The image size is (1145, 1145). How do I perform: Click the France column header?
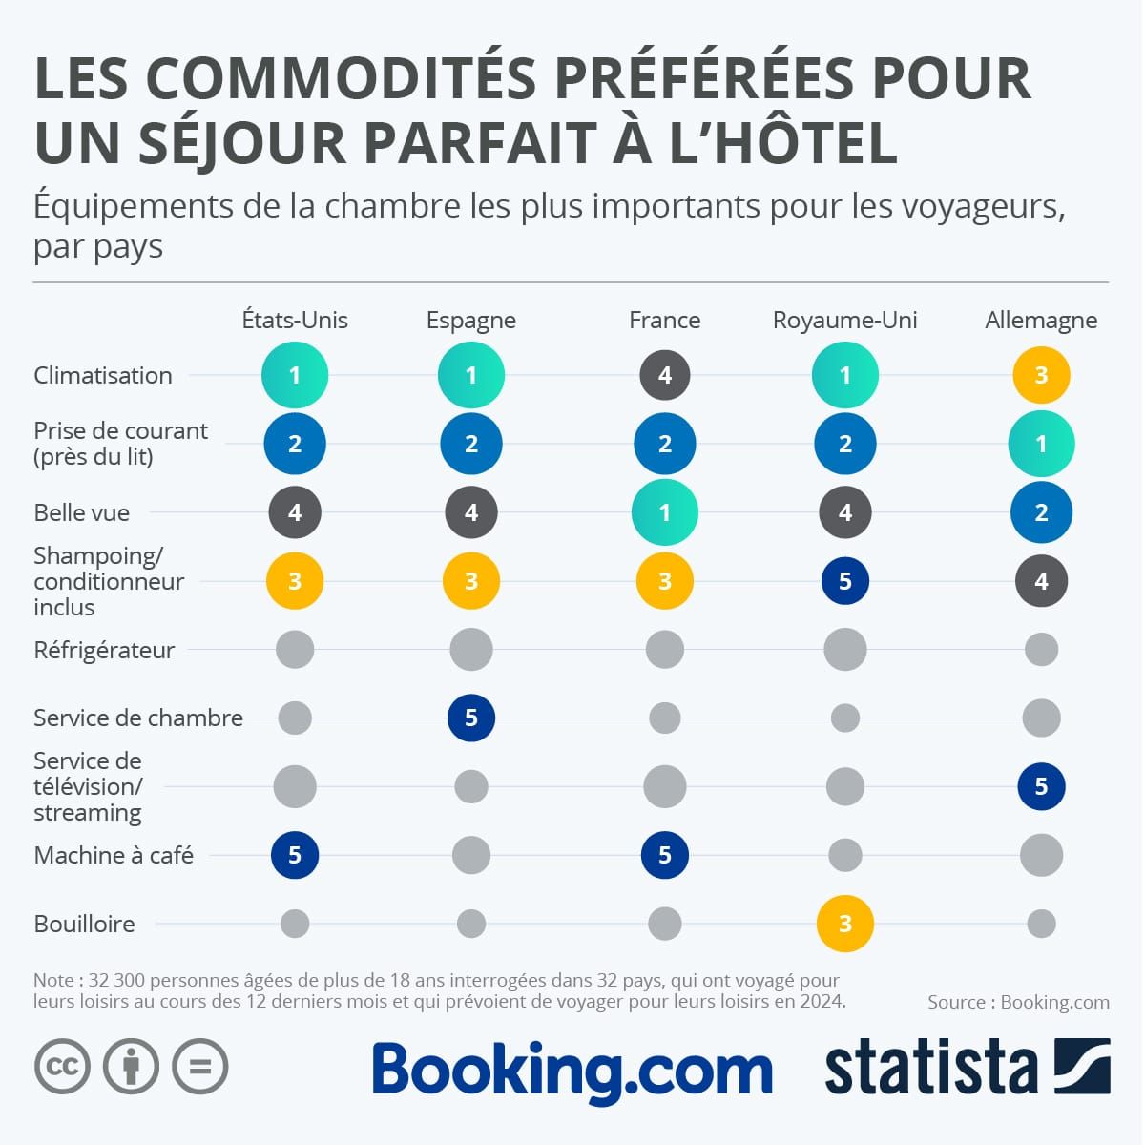(x=664, y=321)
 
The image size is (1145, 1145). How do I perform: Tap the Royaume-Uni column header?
(x=844, y=321)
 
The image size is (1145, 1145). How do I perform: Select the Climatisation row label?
(x=103, y=375)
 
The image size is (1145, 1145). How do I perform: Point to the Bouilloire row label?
(x=84, y=924)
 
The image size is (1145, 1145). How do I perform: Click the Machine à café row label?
(x=114, y=855)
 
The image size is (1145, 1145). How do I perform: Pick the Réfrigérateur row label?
(x=104, y=650)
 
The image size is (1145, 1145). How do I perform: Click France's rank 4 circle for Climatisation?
(x=665, y=375)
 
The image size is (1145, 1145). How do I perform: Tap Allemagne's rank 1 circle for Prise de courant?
(x=1041, y=444)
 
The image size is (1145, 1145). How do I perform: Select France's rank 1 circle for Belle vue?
(x=665, y=512)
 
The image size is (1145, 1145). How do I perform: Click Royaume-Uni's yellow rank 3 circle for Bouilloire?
(x=844, y=924)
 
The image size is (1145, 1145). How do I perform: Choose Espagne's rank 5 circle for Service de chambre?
(x=470, y=718)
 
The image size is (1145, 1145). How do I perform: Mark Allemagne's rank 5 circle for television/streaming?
(x=1041, y=786)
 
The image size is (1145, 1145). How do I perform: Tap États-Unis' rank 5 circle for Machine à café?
(x=295, y=855)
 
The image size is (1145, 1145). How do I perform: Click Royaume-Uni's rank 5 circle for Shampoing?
(x=844, y=581)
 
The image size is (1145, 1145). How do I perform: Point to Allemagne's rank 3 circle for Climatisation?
(x=1041, y=375)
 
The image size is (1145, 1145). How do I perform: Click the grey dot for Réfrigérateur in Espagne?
(x=470, y=650)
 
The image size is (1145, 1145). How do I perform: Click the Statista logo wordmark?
(x=930, y=1069)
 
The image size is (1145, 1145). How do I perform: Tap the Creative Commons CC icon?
(x=62, y=1066)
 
